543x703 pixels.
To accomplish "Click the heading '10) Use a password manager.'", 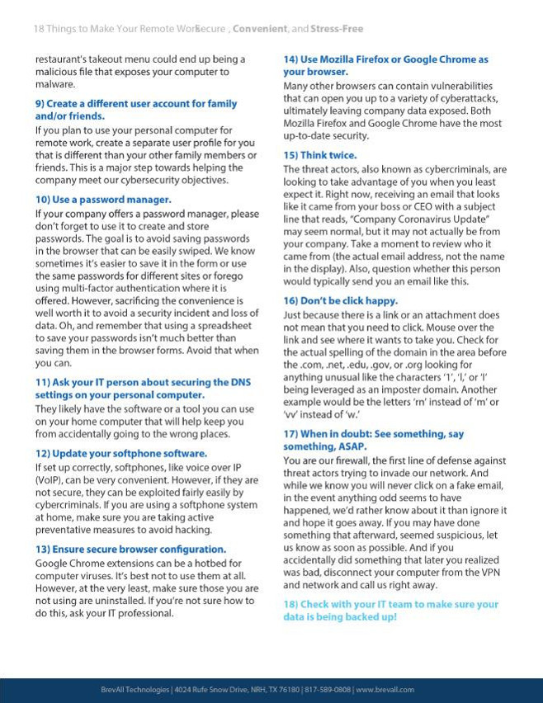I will pos(103,200).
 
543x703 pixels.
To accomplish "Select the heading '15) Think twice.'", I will pos(320,155).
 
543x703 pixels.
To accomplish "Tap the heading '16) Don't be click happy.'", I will pos(340,301).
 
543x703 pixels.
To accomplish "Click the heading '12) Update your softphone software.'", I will pos(120,453).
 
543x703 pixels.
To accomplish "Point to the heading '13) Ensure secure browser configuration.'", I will pos(130,549).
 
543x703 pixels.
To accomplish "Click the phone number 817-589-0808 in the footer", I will pos(327,690).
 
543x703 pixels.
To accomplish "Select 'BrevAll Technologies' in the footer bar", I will pos(135,690).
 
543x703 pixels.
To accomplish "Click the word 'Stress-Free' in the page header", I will pos(337,29).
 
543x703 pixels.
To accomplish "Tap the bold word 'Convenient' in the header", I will pos(260,29).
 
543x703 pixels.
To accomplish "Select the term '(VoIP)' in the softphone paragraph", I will pos(50,479).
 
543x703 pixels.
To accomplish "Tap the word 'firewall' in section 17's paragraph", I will pos(347,460).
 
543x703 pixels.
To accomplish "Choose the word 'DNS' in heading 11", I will pos(239,383).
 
